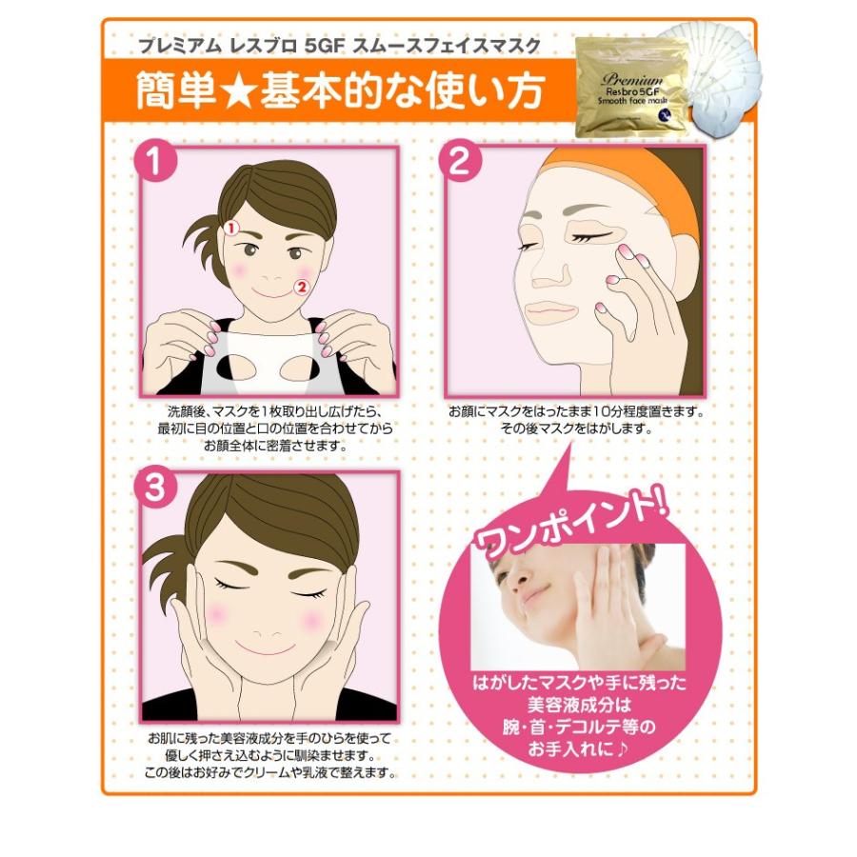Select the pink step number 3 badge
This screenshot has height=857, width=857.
point(155,487)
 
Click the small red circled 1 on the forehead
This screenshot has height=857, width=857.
point(231,228)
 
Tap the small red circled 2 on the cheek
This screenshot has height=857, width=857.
point(301,287)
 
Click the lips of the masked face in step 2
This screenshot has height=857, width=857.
point(551,311)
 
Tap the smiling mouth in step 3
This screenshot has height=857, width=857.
point(267,649)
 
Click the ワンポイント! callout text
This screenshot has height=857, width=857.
point(571,524)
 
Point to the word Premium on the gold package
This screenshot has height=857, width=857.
point(632,79)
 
